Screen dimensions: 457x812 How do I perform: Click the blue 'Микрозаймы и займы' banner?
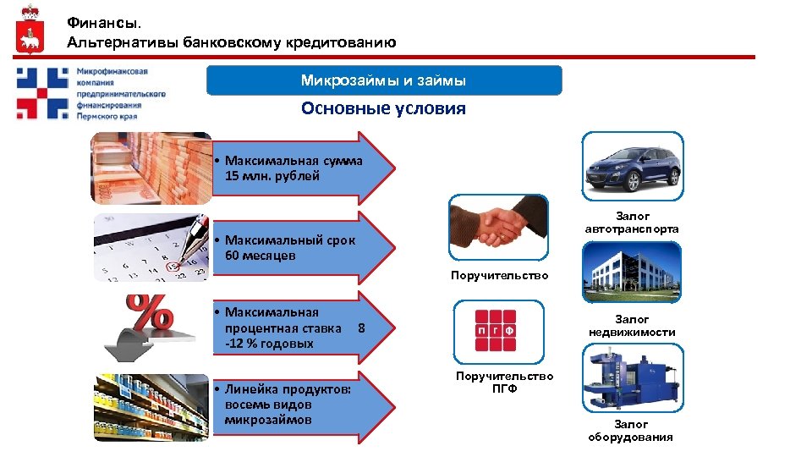[x=383, y=81]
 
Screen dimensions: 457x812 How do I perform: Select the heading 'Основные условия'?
[x=383, y=109]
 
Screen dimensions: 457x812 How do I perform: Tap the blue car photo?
[x=632, y=166]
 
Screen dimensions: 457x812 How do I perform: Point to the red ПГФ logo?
[x=495, y=331]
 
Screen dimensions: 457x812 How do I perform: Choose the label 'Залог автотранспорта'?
[x=631, y=223]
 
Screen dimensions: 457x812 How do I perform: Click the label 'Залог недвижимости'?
[x=631, y=326]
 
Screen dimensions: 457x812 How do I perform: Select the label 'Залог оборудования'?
[x=631, y=431]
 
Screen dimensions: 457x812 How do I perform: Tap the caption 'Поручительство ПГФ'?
[x=504, y=383]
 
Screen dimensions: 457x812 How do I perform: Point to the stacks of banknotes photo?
[x=151, y=168]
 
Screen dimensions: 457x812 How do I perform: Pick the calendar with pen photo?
[x=151, y=247]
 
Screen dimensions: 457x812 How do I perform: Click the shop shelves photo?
[x=151, y=408]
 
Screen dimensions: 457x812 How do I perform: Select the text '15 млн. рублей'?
[x=272, y=177]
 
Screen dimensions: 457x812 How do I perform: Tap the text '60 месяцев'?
[x=261, y=256]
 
